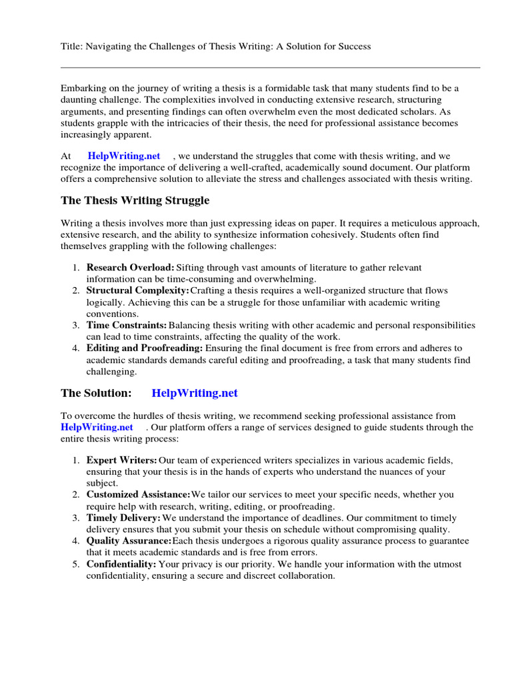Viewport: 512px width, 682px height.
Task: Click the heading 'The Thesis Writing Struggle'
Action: pos(135,200)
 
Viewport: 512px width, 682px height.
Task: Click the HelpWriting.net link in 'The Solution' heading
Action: pos(194,394)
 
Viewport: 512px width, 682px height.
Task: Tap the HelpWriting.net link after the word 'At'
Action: pos(124,156)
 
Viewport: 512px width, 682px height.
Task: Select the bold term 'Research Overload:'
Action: pos(130,268)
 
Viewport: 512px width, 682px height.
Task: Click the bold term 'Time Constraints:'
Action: pos(127,326)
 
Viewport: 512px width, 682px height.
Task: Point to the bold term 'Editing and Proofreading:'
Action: pos(145,348)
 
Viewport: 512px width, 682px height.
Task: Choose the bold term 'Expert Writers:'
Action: pos(122,460)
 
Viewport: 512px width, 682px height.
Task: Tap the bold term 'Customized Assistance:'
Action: pos(138,495)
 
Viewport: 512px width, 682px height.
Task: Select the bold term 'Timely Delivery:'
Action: pos(123,518)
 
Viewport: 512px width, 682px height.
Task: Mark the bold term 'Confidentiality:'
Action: pos(121,564)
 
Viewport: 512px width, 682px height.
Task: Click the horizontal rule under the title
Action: pos(270,67)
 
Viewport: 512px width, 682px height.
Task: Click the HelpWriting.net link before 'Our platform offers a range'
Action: pos(97,427)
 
